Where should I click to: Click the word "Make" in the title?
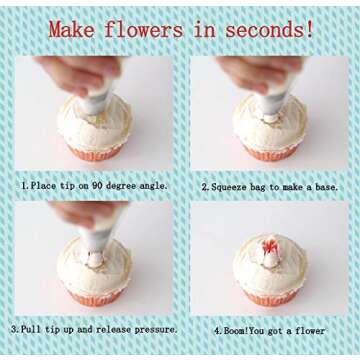[x=71, y=29]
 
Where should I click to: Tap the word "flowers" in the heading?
[x=144, y=29]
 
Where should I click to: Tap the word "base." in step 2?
[x=326, y=187]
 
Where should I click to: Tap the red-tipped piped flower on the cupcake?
[x=270, y=252]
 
